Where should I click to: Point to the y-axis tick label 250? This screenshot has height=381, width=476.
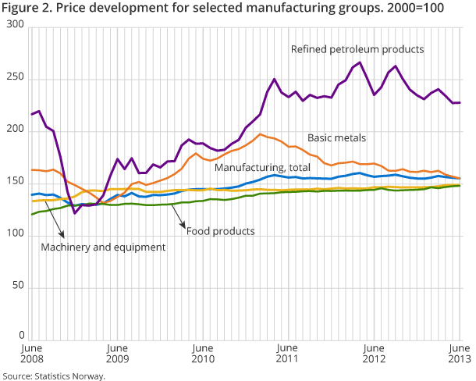16,79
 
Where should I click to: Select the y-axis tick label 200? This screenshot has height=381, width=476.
16,131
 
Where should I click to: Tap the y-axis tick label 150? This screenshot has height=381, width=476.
16,183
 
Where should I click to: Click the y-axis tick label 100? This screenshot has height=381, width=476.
16,236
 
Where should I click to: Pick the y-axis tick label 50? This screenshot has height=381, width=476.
20,288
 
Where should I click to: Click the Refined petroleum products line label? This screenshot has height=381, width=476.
357,49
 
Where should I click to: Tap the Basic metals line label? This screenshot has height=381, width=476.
336,138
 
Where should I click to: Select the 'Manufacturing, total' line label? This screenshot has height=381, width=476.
263,168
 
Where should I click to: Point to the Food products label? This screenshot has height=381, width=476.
220,231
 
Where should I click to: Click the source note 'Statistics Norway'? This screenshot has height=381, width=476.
53,376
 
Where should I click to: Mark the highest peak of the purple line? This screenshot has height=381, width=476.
360,62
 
